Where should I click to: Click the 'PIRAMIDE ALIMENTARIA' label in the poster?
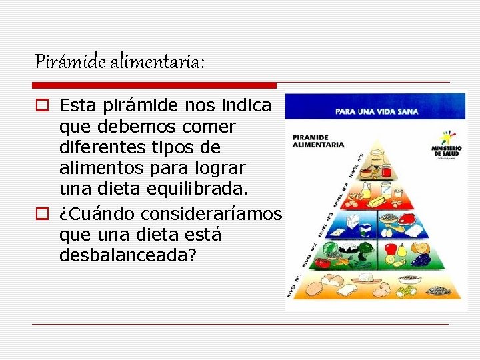click(319, 141)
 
